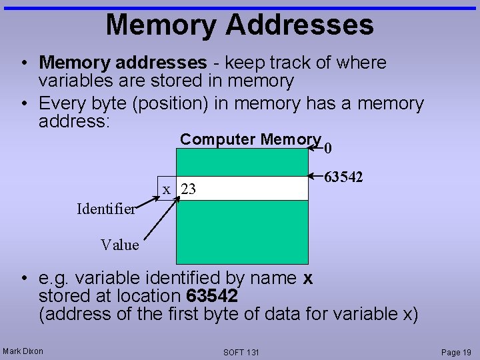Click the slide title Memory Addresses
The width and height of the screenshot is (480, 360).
click(x=239, y=25)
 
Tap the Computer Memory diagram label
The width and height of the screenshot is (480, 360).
click(x=251, y=139)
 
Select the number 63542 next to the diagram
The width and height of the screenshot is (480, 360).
click(x=343, y=177)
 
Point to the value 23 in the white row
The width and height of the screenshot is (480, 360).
click(x=189, y=189)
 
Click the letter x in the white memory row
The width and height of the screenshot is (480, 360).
click(x=167, y=189)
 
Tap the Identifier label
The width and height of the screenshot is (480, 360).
click(x=106, y=209)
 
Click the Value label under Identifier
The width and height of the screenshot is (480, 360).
click(x=120, y=245)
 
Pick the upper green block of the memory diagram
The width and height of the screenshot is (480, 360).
click(x=242, y=162)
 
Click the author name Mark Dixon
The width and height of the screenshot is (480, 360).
click(x=23, y=351)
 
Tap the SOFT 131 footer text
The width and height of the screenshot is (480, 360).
click(x=241, y=352)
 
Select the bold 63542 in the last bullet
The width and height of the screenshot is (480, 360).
click(x=213, y=295)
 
